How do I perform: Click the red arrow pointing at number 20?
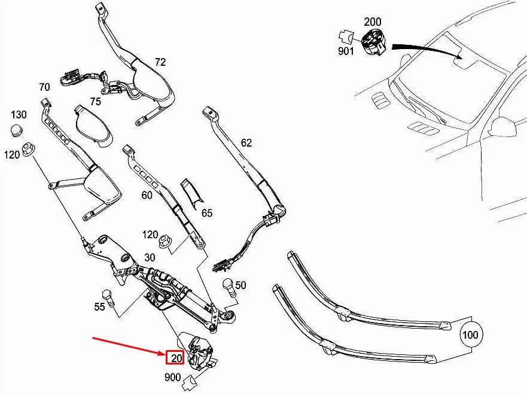pos(129,347)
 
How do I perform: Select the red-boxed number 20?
pos(175,358)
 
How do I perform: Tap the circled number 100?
pos(471,335)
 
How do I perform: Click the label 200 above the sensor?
pos(373,22)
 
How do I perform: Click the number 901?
pos(346,51)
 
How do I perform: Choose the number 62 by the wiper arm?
pos(246,143)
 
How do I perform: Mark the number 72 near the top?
pos(160,62)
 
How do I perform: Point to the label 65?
pos(206,212)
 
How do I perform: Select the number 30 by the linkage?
pos(149,257)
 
